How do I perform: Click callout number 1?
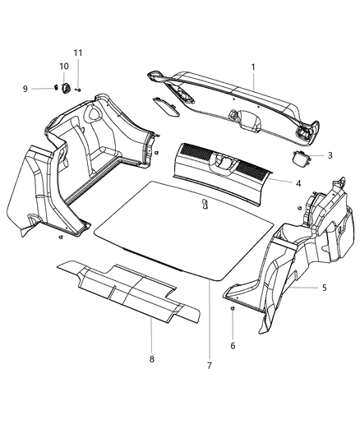pyautogui.click(x=253, y=67)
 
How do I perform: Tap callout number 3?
pyautogui.click(x=330, y=154)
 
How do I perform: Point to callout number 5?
pyautogui.click(x=324, y=288)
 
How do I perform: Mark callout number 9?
pyautogui.click(x=48, y=89)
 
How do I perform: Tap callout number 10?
pyautogui.click(x=63, y=66)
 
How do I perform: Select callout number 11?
pyautogui.click(x=78, y=53)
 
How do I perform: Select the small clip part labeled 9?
pyautogui.click(x=57, y=88)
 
